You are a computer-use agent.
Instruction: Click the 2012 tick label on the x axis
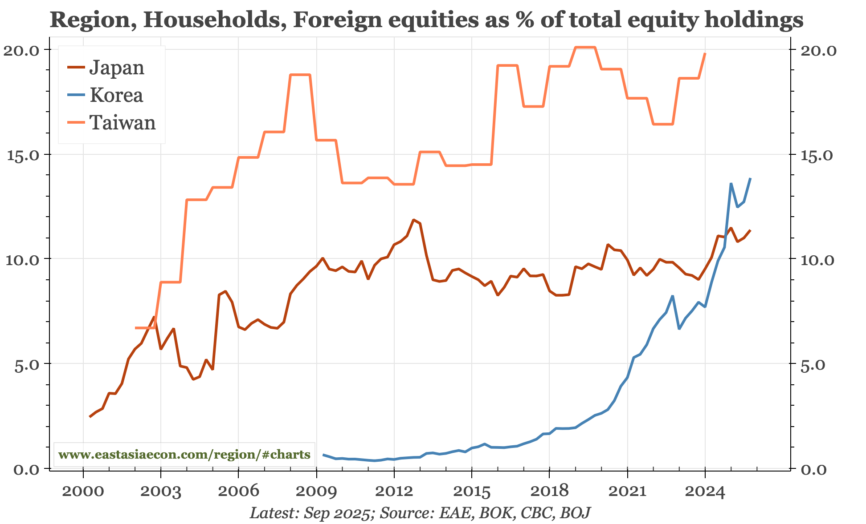[x=393, y=491]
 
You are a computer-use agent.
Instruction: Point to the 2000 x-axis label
[x=83, y=491]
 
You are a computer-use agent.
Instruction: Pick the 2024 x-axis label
[x=705, y=491]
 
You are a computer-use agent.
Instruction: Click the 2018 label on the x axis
[x=549, y=491]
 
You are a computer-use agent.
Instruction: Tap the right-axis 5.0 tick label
[x=813, y=364]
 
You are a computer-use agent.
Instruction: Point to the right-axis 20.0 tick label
[x=819, y=50]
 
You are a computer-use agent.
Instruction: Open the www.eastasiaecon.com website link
[x=184, y=455]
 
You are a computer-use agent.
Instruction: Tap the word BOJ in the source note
[x=575, y=513]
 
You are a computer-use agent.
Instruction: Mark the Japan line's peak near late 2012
[x=413, y=220]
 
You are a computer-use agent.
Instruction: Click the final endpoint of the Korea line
[x=751, y=179]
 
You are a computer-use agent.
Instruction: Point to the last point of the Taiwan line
[x=705, y=53]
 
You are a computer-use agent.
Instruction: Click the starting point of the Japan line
[x=90, y=417]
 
